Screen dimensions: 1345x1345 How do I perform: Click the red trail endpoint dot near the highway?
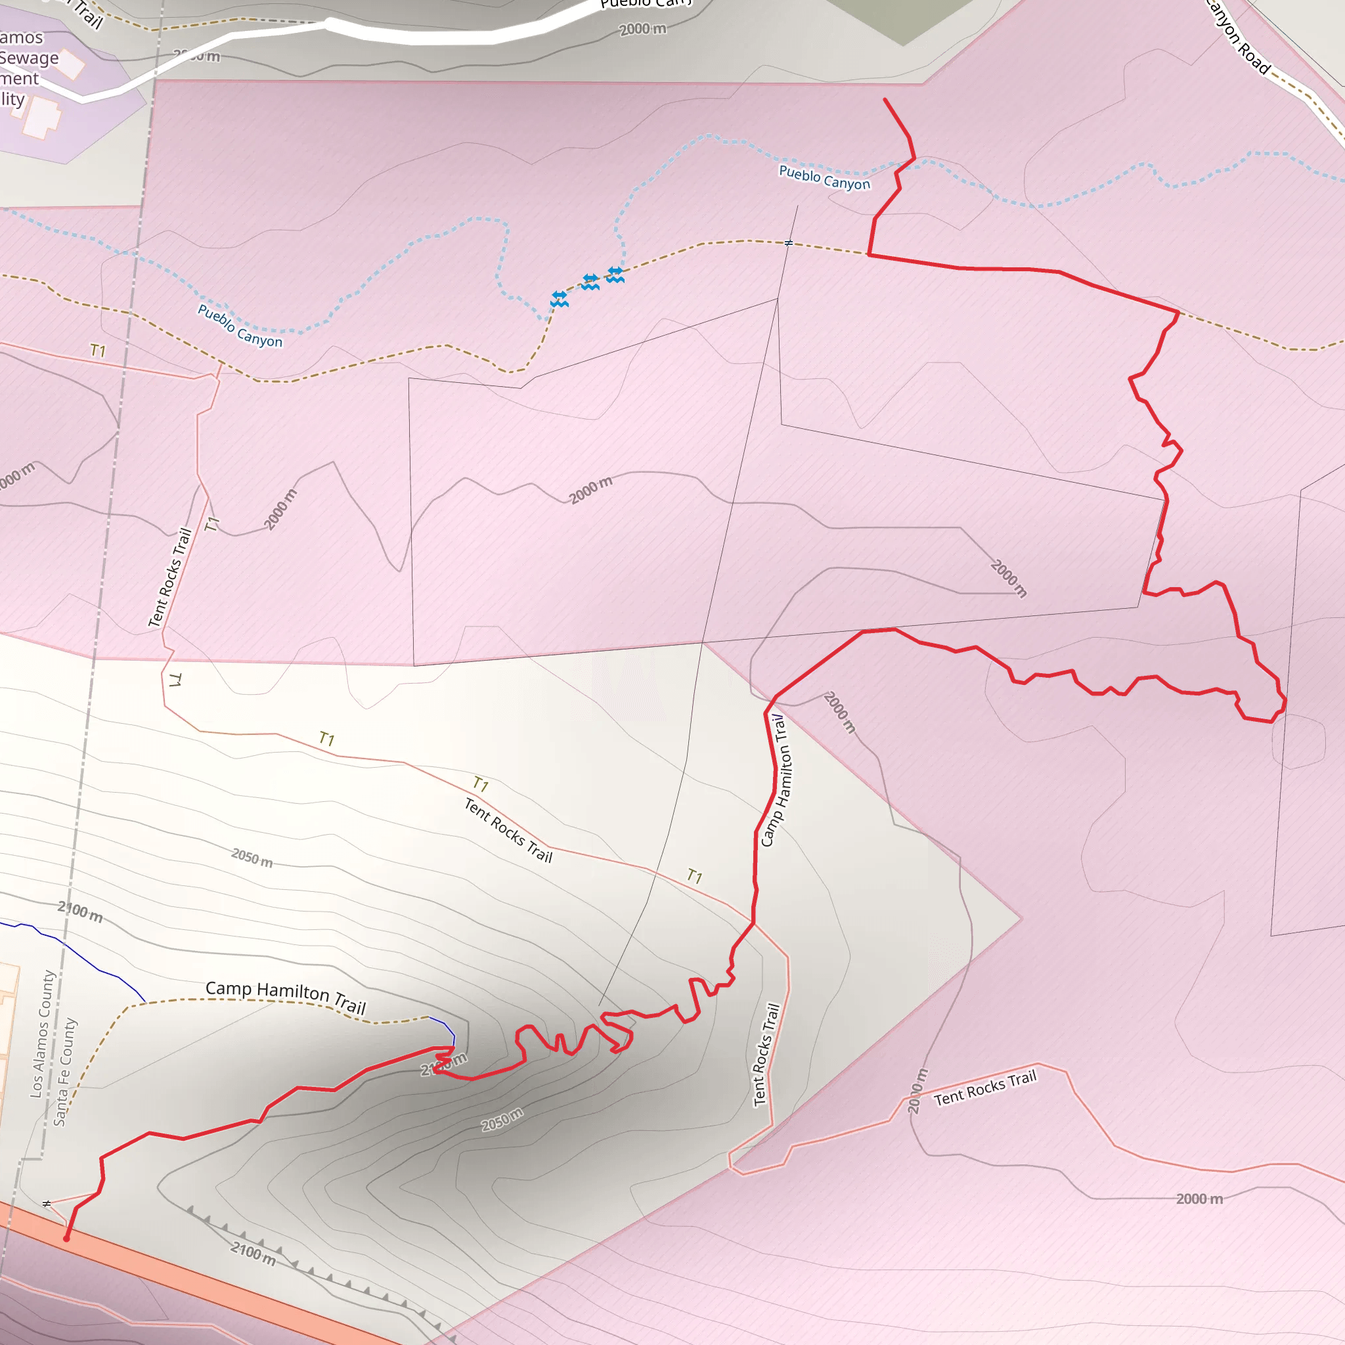coord(66,1239)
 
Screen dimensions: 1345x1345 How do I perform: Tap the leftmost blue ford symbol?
coord(559,299)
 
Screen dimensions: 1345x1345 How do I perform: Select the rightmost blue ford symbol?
coord(615,275)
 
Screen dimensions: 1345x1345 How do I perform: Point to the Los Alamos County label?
coord(43,1034)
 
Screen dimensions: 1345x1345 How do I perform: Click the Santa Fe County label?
coord(65,1072)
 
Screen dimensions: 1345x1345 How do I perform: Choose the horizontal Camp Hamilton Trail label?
coord(286,996)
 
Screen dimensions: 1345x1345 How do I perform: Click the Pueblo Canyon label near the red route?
coord(824,177)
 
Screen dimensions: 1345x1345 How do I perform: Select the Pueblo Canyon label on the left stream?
coord(240,326)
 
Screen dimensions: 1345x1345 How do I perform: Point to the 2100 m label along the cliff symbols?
coord(254,1254)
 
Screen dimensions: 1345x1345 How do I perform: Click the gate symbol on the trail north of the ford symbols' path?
coord(789,243)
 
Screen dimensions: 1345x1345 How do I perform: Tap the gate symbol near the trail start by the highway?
coord(47,1204)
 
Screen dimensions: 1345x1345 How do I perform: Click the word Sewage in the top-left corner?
coord(30,58)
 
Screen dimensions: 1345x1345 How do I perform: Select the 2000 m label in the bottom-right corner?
coord(1199,1199)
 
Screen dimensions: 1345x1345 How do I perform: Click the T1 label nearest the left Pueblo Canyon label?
coord(98,351)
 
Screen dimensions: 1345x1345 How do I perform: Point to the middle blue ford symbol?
coord(590,282)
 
